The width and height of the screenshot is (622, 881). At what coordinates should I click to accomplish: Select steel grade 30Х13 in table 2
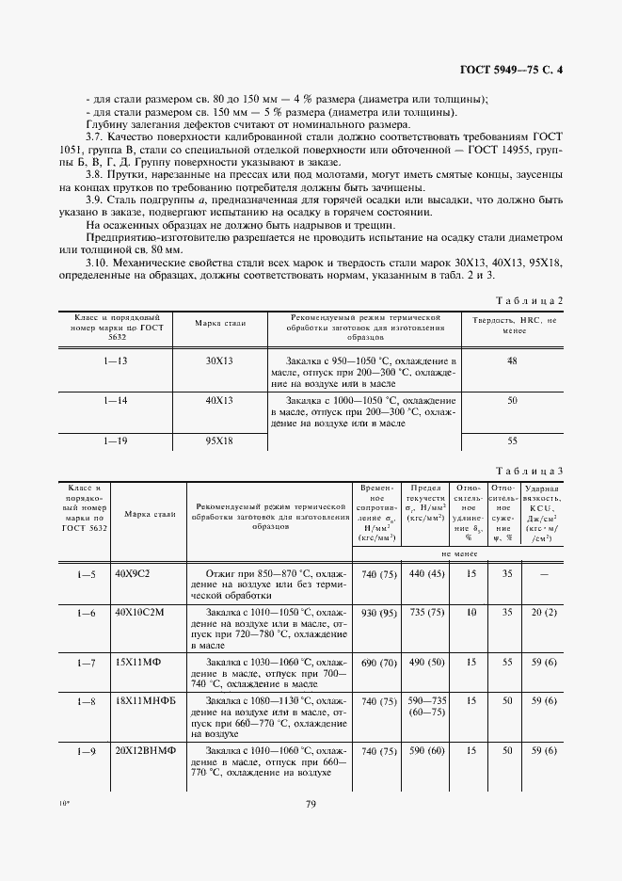click(219, 361)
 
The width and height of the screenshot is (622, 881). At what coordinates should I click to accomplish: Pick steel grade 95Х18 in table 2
click(219, 440)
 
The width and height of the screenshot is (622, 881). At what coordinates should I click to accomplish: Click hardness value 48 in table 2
click(513, 361)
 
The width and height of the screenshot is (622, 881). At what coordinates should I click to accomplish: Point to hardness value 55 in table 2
click(513, 440)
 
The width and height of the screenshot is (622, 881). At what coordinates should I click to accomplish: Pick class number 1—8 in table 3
click(86, 702)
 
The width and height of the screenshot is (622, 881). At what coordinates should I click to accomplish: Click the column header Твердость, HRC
click(513, 327)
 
